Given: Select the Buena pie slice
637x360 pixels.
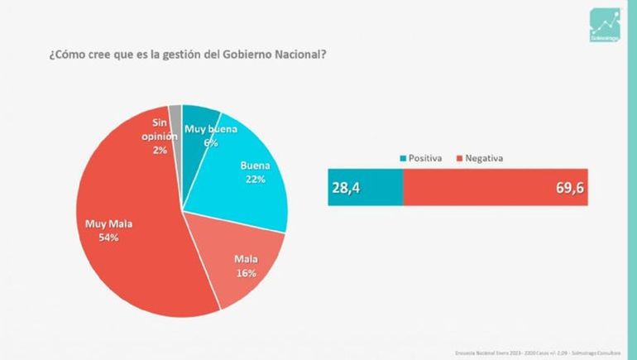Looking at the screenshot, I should click(x=248, y=190).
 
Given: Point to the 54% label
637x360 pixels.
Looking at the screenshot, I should click(x=108, y=238).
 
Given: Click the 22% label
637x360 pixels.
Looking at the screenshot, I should click(x=255, y=180).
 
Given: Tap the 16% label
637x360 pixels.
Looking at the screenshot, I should click(x=246, y=273).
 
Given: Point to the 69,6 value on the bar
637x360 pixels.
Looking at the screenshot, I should click(x=570, y=188).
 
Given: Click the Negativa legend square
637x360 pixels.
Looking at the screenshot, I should click(x=457, y=157).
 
